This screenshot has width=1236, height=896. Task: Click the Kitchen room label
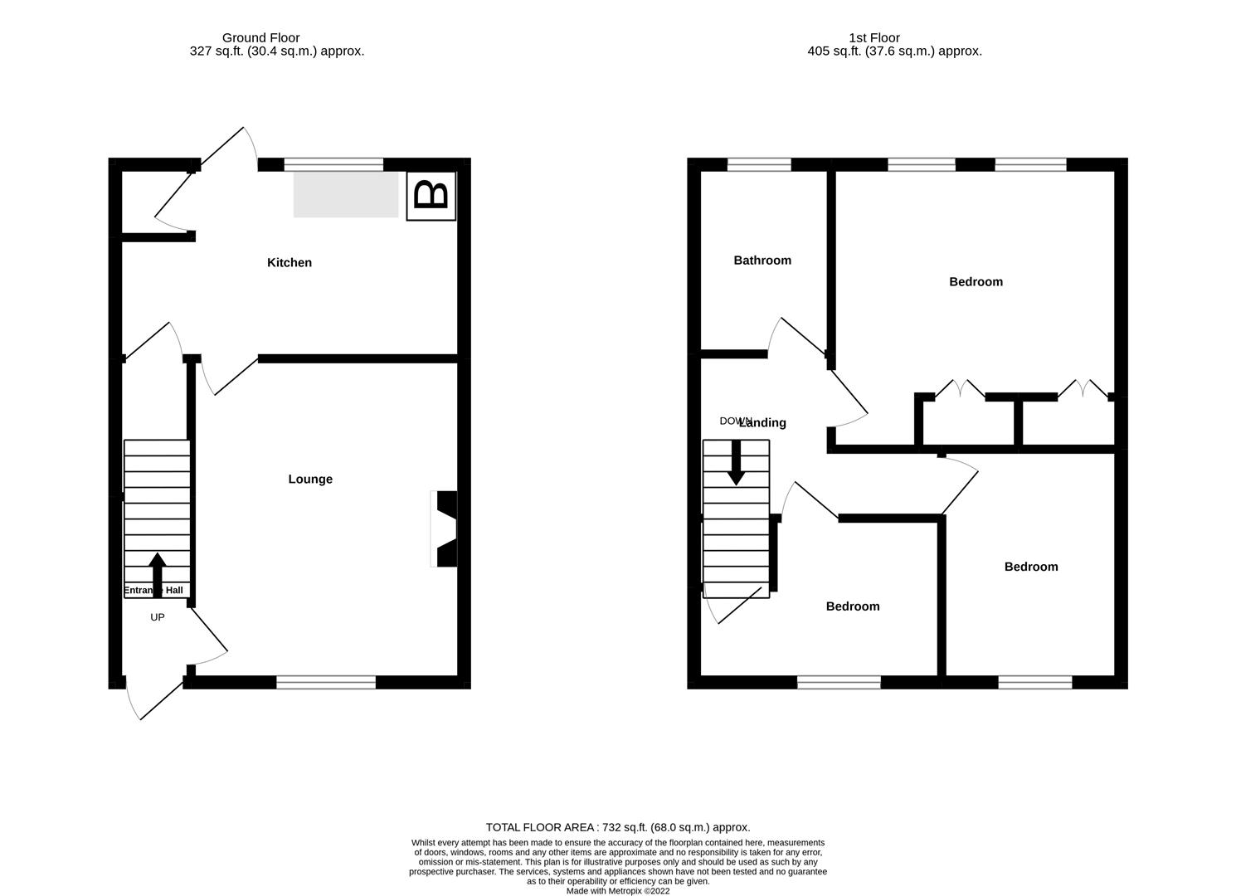coord(290,263)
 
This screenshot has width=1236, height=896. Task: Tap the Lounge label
coord(310,480)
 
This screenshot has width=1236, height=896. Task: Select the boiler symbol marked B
coord(431,197)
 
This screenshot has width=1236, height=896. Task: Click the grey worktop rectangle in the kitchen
coord(346,195)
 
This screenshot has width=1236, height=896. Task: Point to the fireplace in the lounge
coord(445,529)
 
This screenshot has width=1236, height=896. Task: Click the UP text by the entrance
coord(157,617)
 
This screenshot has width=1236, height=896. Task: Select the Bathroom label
coord(762,261)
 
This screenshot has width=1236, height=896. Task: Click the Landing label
coord(762,423)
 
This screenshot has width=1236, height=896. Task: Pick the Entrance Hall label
coord(154,591)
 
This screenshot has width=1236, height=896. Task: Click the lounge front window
coord(326,682)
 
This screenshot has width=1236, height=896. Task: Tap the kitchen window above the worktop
coord(333,164)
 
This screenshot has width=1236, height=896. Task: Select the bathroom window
coord(759,164)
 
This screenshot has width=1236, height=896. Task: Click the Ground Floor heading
coord(260,37)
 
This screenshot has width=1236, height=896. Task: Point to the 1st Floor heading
coord(874,37)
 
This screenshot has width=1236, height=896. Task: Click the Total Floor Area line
coord(618,827)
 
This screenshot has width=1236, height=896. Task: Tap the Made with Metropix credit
coord(618,891)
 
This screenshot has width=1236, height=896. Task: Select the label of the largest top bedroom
coord(976,282)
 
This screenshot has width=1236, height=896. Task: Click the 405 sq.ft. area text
coord(894,51)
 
